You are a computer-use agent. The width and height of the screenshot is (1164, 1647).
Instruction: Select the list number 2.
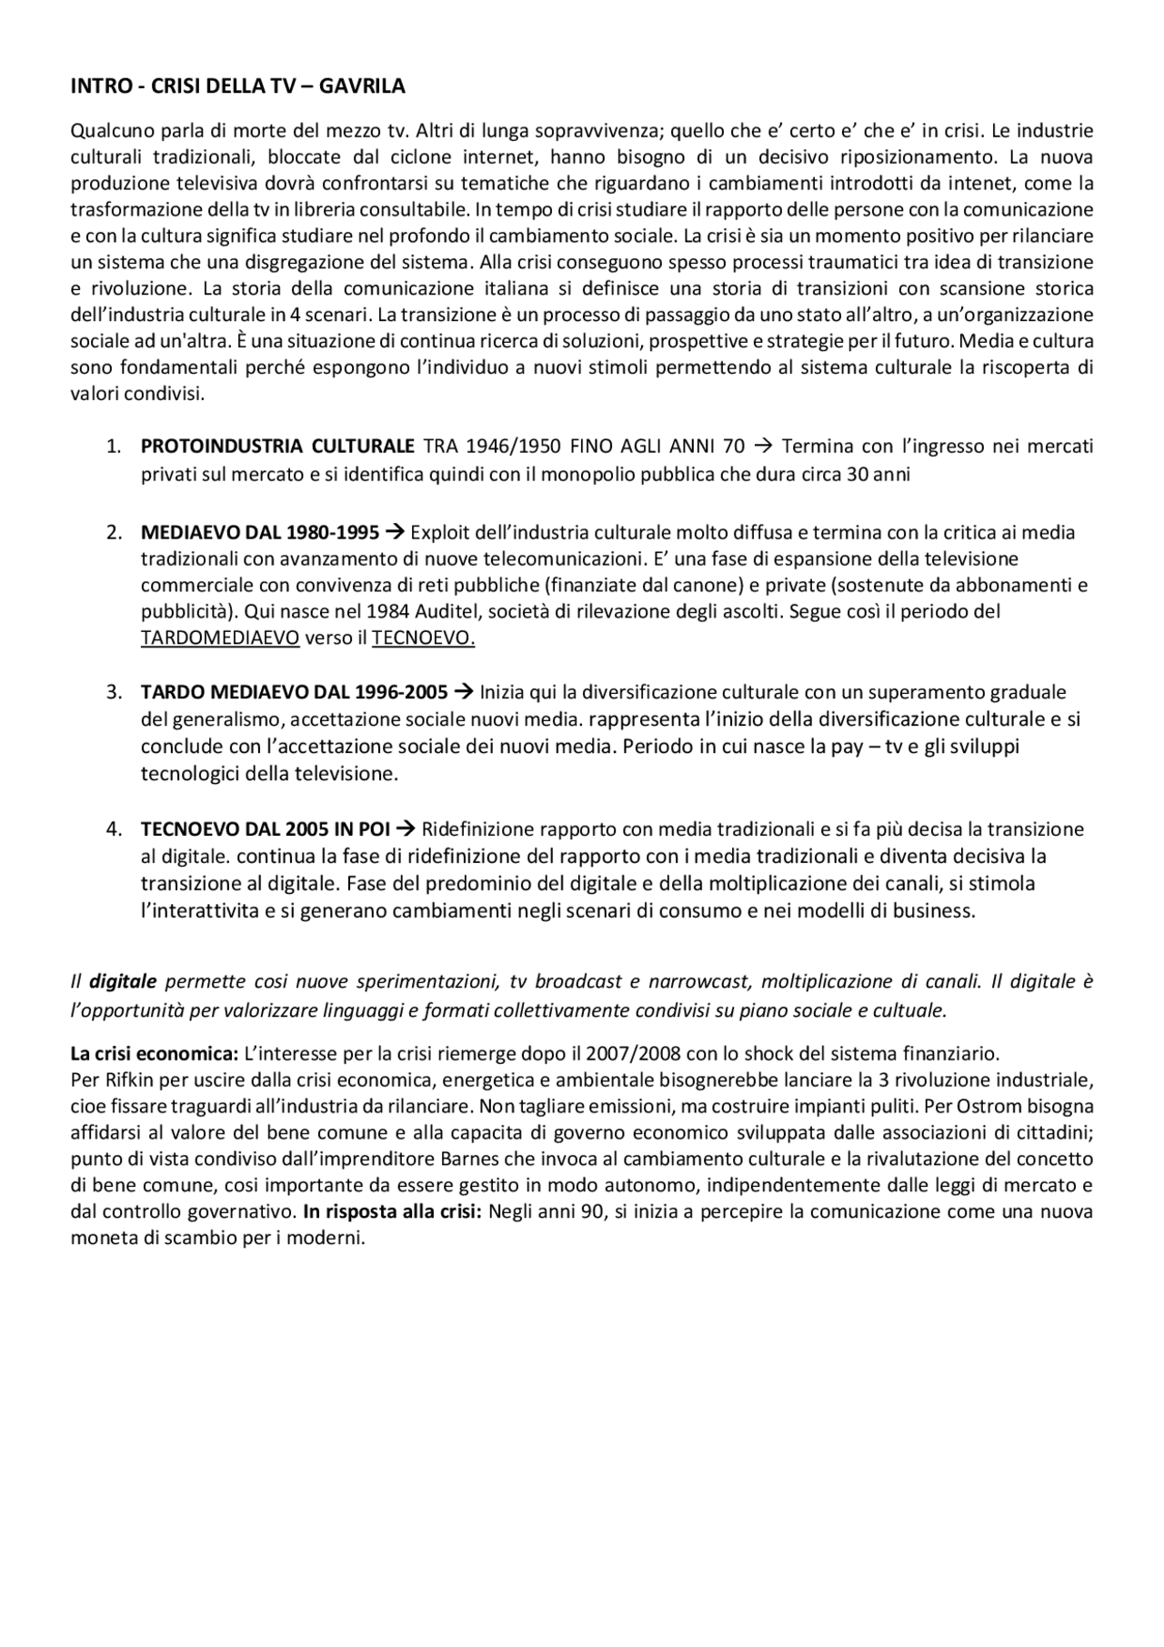114,532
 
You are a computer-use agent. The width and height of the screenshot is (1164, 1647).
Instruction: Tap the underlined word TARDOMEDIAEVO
219,638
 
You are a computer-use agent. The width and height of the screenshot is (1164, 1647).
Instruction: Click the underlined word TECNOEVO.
423,638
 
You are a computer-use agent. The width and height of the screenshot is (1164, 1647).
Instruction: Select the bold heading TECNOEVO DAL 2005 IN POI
265,829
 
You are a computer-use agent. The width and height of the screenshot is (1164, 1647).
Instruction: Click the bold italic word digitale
123,982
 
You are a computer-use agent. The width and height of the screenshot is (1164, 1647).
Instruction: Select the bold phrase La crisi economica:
154,1055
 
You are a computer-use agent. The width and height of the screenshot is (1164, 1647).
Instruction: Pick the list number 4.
114,829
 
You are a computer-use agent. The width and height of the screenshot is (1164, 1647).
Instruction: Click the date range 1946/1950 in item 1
514,447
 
